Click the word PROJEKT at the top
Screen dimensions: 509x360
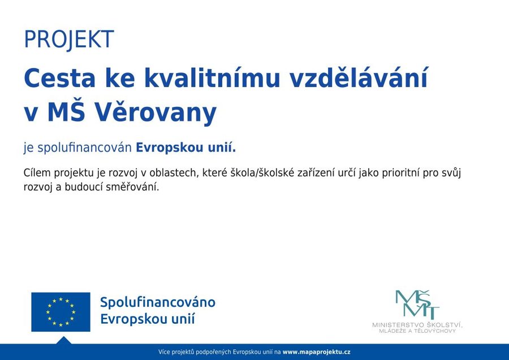point(69,40)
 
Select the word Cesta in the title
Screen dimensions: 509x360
point(60,78)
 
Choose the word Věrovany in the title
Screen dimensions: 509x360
point(156,113)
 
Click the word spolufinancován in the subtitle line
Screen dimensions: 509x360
point(85,148)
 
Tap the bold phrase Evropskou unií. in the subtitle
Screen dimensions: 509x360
point(186,148)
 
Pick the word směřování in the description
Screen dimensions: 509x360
point(133,187)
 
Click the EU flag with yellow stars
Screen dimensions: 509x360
point(61,312)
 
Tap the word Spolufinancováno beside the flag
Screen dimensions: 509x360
point(158,302)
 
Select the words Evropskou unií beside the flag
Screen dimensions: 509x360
point(148,319)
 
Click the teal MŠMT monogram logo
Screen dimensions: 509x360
point(417,305)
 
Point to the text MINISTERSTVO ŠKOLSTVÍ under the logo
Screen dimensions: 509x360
point(417,325)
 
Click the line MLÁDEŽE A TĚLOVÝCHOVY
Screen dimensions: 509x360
point(417,331)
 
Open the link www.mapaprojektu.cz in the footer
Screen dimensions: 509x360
point(317,352)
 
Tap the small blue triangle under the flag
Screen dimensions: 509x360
point(63,340)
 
